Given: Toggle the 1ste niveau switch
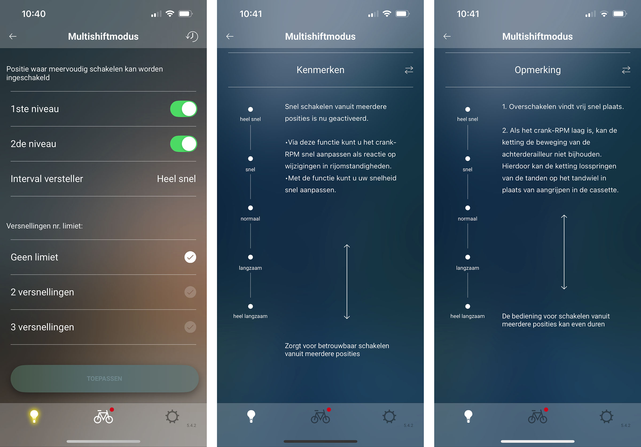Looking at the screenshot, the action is pyautogui.click(x=183, y=109).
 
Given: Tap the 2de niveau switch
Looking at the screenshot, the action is pyautogui.click(x=183, y=144).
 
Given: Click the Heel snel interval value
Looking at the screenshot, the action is pyautogui.click(x=177, y=179).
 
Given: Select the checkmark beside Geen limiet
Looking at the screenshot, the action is pyautogui.click(x=190, y=257).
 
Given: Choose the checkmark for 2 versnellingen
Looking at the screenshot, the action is pyautogui.click(x=190, y=292).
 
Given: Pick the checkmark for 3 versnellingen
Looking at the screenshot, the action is pyautogui.click(x=190, y=327).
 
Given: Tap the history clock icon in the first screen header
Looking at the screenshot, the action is pyautogui.click(x=192, y=36).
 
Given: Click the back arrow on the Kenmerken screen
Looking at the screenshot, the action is pyautogui.click(x=230, y=36).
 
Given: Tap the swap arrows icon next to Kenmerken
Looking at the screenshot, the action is pyautogui.click(x=409, y=70).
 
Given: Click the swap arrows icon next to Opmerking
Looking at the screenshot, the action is pyautogui.click(x=626, y=70).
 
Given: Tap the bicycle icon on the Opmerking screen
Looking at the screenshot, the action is pyautogui.click(x=538, y=416).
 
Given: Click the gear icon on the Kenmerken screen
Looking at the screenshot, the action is pyautogui.click(x=389, y=416).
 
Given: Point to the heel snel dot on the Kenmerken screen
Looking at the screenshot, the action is pyautogui.click(x=251, y=109).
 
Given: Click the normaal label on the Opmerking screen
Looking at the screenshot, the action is pyautogui.click(x=467, y=219).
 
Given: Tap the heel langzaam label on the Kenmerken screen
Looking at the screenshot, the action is pyautogui.click(x=250, y=316).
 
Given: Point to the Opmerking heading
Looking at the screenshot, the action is pyautogui.click(x=538, y=70).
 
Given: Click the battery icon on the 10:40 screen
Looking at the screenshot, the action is pyautogui.click(x=185, y=14).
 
